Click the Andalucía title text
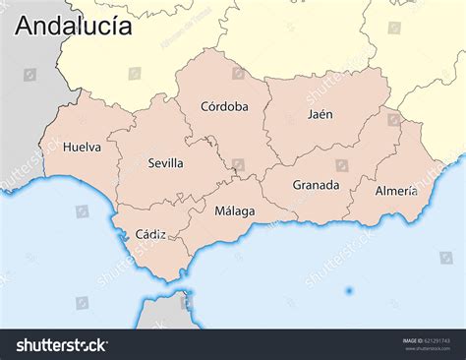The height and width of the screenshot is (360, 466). [73, 26]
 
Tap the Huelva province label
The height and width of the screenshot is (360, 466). [82, 148]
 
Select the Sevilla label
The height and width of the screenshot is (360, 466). [165, 163]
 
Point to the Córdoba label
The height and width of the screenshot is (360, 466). [224, 106]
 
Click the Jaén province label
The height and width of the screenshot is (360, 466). [320, 114]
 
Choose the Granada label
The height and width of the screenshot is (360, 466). [316, 185]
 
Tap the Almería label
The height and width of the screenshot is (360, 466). [396, 191]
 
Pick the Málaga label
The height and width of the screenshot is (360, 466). [235, 210]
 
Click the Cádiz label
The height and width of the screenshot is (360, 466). [150, 234]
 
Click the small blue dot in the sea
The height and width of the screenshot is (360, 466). [349, 291]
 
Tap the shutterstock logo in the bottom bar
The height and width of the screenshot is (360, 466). [61, 344]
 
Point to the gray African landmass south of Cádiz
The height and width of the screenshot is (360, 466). [164, 313]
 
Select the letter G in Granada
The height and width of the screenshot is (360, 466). [297, 185]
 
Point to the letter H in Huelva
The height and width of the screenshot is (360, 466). [67, 148]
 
